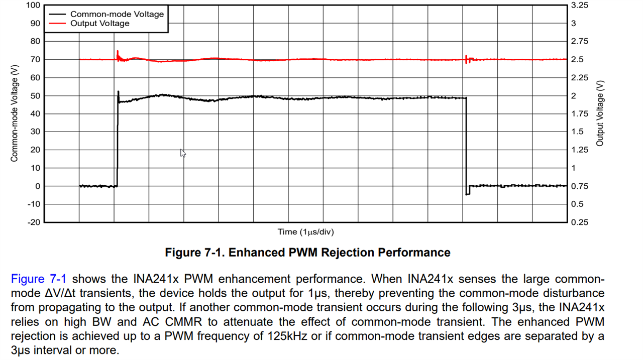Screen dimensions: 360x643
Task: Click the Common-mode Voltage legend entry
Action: (117, 14)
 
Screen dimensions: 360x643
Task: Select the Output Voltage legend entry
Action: (99, 24)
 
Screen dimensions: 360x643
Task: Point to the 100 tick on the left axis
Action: (33, 5)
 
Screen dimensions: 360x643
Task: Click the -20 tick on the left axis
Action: (33, 222)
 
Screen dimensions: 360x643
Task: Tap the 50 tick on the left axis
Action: (35, 95)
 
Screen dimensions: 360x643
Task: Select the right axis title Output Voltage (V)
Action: (599, 113)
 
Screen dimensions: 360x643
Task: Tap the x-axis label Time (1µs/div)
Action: (305, 232)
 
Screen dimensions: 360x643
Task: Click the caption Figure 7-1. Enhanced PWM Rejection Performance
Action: (307, 253)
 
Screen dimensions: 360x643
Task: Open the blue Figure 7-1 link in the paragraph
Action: (38, 279)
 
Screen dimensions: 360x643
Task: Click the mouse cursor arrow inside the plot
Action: (182, 153)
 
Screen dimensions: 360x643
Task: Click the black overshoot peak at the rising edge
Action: (118, 92)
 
